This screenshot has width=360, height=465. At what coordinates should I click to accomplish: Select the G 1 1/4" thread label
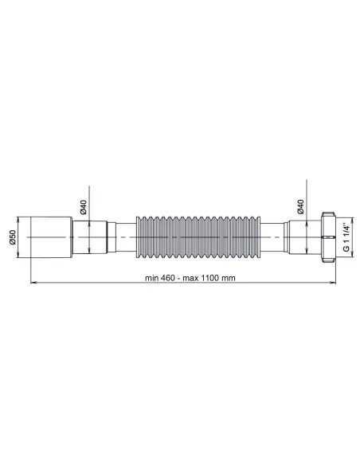[x=346, y=236]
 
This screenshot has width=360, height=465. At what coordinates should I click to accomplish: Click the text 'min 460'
[x=162, y=277]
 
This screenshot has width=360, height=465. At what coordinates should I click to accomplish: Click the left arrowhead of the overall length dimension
[x=33, y=282]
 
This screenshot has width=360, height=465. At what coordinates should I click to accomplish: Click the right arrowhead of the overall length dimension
[x=336, y=282]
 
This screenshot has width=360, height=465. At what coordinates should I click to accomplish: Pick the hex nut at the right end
[x=327, y=236]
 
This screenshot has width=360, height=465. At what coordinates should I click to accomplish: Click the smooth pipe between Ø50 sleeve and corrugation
[x=104, y=236]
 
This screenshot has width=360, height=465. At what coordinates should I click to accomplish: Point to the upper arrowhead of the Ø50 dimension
[x=19, y=217]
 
